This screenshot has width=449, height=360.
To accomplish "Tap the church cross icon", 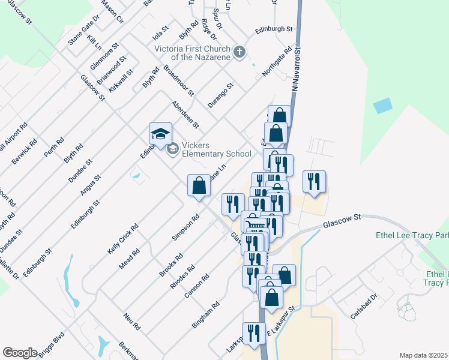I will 239,52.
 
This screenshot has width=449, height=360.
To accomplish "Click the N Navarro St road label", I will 294,70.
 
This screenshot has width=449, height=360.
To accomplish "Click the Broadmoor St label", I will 178,81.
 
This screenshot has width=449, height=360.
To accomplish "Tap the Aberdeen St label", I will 185,113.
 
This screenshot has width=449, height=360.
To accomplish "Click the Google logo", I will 20,353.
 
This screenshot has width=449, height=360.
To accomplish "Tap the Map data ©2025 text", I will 424,355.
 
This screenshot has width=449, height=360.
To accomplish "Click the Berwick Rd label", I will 25,152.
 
